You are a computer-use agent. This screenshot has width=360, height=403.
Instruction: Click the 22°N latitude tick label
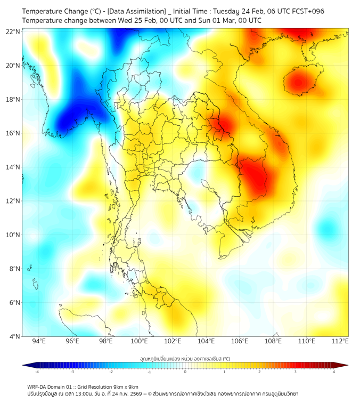point(13,31)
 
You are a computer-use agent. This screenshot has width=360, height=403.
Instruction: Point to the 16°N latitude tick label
point(13,133)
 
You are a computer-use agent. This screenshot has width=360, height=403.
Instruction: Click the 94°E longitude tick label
point(39,341)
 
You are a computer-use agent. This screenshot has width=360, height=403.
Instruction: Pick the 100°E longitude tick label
point(140,341)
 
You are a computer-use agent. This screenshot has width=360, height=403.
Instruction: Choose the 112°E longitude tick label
point(340,341)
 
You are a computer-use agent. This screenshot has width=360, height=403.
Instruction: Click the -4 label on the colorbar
point(36,372)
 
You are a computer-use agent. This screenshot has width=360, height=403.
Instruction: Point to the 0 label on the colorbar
point(185,372)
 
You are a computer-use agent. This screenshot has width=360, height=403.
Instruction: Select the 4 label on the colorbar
point(334,372)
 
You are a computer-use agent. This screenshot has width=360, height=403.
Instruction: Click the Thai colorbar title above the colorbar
point(185,358)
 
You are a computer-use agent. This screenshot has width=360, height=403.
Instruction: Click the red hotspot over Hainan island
point(296,82)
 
